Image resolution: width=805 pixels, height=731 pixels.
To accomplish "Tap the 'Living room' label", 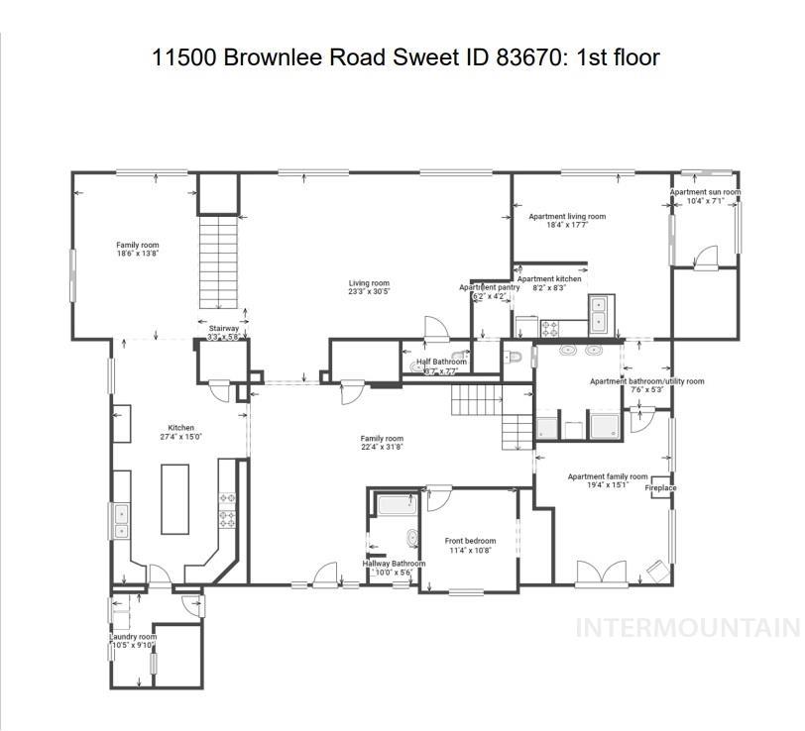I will coord(368,283).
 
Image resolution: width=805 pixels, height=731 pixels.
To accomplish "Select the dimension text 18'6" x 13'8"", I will coord(137,255).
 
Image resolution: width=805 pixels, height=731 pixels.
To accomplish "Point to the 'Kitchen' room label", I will coord(180,428).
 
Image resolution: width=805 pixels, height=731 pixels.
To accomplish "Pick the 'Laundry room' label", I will coord(133,637).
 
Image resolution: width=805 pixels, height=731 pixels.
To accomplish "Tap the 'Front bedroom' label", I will coord(469,541).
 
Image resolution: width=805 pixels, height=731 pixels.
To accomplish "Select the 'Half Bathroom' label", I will coord(441,362).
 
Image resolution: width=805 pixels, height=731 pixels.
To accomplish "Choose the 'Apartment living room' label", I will coord(566,216).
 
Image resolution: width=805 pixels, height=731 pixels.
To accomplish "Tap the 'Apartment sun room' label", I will coord(704,192).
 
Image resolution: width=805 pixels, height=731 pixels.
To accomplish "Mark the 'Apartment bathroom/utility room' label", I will coord(646,381).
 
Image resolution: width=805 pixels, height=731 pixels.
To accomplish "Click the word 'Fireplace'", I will coord(660,488).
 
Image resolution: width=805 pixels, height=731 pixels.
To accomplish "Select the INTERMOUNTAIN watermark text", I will coord(687,627).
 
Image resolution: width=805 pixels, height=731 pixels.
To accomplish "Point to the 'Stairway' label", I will coord(223,328).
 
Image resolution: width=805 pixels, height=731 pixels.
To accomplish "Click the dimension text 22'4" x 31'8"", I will coord(381,448).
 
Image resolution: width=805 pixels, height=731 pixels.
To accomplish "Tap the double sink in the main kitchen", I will coord(121,520).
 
